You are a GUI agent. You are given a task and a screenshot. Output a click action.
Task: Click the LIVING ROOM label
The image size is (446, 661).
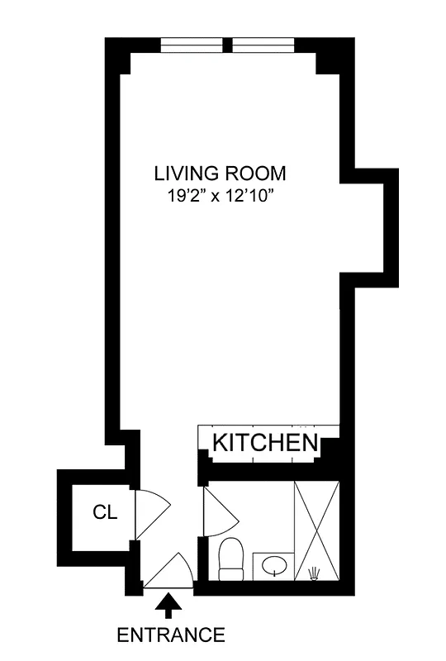[x=220, y=174]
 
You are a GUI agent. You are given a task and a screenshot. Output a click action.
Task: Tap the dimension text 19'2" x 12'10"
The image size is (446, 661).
[x=220, y=197]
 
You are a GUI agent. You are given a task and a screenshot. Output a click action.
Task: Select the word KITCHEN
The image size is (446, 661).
[x=265, y=442]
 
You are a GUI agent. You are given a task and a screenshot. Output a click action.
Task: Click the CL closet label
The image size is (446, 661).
[x=105, y=512]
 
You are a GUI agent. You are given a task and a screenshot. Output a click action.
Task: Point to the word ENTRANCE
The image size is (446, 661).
[x=170, y=635]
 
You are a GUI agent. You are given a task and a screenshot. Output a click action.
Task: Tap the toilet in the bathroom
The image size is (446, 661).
[x=230, y=558]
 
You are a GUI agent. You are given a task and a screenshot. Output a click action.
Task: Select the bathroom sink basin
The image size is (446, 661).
[x=273, y=567]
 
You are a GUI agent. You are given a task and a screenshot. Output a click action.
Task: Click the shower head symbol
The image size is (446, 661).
[x=314, y=573]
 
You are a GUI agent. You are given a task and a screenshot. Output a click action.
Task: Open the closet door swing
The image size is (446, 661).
[x=150, y=512]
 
